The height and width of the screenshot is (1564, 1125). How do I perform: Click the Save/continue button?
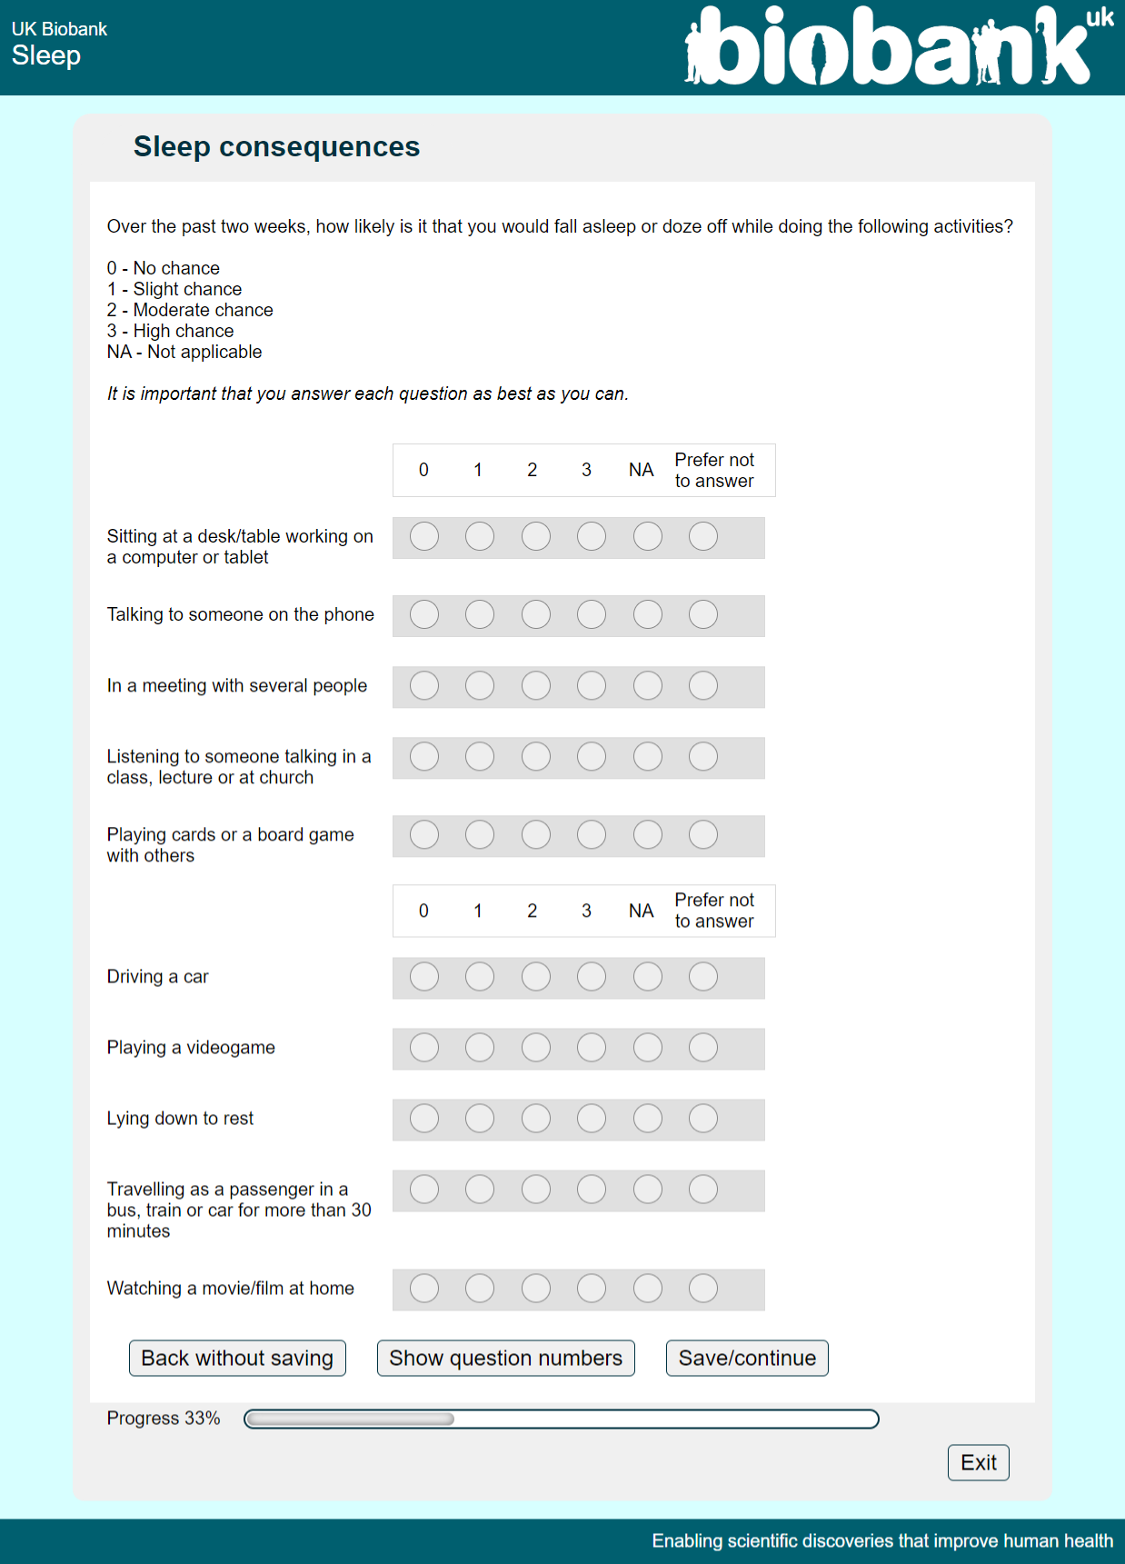coord(746,1358)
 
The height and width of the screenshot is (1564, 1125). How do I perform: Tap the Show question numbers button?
coord(505,1358)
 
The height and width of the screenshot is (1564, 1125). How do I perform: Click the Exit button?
coord(978,1462)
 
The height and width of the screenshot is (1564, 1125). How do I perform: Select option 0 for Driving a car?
coord(424,977)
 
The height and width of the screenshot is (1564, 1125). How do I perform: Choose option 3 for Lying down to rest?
coord(592,1119)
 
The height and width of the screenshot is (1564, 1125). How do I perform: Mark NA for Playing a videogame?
coord(648,1048)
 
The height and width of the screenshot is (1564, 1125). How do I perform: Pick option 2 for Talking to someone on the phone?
coord(536,615)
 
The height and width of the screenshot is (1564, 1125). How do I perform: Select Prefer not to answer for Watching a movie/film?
coord(703,1288)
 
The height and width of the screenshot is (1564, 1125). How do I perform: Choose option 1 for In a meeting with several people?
coord(480,686)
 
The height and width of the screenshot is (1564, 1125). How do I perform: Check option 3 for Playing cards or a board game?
coord(592,835)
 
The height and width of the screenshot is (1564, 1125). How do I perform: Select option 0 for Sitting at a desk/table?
coord(424,537)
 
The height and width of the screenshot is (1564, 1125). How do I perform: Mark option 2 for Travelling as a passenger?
coord(536,1190)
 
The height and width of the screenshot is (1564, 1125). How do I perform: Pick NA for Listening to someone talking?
coord(648,757)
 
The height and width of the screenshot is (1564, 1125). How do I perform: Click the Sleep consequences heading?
coord(276,146)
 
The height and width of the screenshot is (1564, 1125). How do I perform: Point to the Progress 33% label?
coord(164,1419)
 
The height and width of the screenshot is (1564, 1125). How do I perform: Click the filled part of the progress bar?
coord(350,1420)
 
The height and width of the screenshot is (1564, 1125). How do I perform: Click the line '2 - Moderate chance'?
coord(190,310)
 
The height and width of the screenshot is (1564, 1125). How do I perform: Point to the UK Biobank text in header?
coord(59,29)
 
